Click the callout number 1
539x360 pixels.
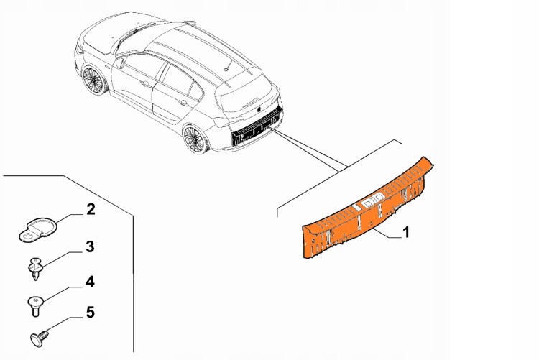click(406, 232)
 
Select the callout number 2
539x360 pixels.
click(91, 209)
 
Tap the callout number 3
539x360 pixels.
click(90, 246)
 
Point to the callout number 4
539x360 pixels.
click(89, 282)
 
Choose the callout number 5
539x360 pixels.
click(90, 313)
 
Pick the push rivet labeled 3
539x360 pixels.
click(34, 268)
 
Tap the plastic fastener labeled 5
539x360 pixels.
click(38, 338)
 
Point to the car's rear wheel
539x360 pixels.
click(195, 139)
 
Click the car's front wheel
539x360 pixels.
click(93, 80)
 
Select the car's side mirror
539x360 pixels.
click(121, 63)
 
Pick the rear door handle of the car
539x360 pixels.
click(183, 102)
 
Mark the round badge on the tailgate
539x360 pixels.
click(259, 109)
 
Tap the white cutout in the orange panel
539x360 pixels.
click(373, 200)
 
